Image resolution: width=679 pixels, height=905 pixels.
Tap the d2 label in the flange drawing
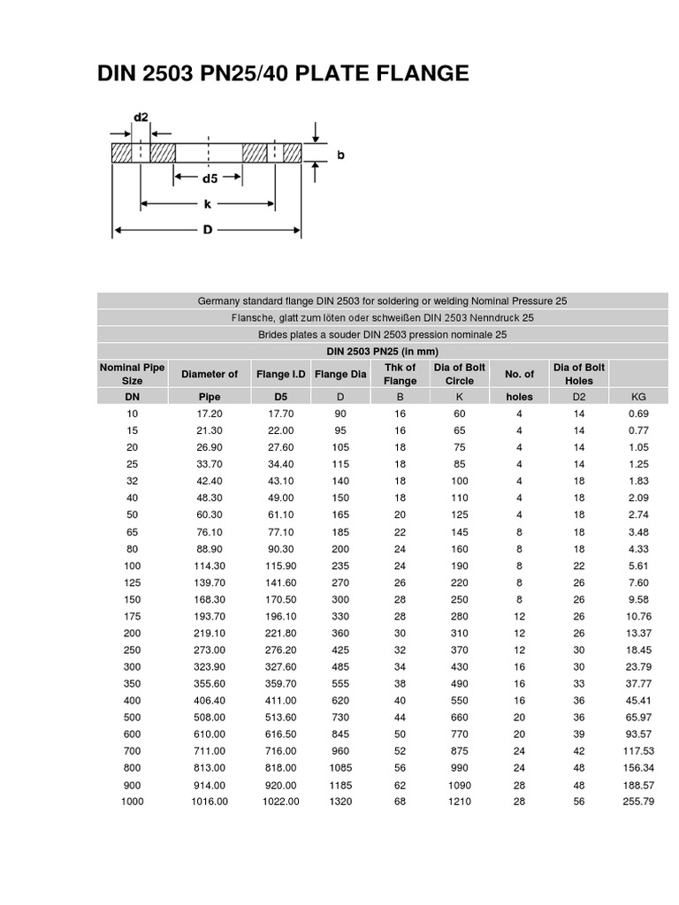(x=141, y=117)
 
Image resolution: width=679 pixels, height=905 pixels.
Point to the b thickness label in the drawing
(x=340, y=155)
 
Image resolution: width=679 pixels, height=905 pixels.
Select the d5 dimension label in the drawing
(x=210, y=178)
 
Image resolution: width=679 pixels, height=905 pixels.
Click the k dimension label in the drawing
(x=207, y=203)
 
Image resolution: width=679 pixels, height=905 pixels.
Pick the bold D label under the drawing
(x=208, y=231)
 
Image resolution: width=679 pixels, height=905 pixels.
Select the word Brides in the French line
(x=274, y=335)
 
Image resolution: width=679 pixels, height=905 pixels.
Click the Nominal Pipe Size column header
(x=132, y=374)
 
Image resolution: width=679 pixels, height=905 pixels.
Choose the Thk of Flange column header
(x=400, y=374)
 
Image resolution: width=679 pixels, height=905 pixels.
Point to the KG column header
(x=637, y=398)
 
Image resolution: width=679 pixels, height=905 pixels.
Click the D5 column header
(x=281, y=398)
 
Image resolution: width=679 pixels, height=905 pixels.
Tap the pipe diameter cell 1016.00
(x=210, y=802)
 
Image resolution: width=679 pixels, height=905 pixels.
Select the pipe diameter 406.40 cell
(x=210, y=700)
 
